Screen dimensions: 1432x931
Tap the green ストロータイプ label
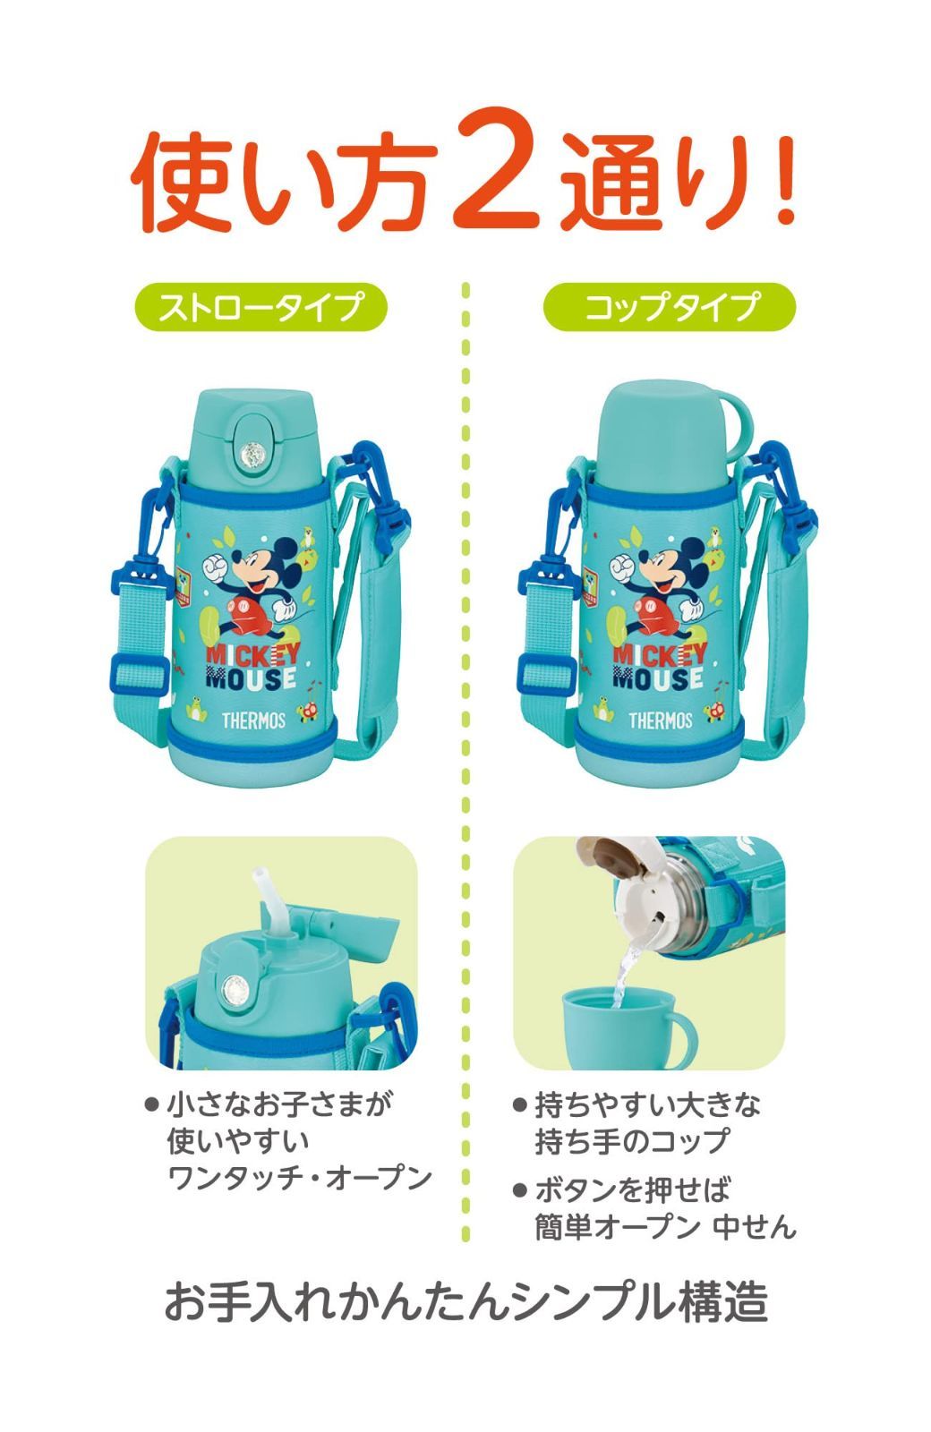pos(261,307)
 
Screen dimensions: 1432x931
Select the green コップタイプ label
pos(670,307)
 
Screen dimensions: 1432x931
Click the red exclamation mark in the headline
pos(785,174)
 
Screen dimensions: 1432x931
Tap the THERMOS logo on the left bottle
pos(253,720)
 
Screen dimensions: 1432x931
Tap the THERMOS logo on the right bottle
pos(660,720)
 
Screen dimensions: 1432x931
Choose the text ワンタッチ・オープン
pos(300,1178)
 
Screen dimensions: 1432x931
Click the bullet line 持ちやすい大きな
pos(647,1105)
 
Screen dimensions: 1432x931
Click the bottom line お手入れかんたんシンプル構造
pos(465,1301)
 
